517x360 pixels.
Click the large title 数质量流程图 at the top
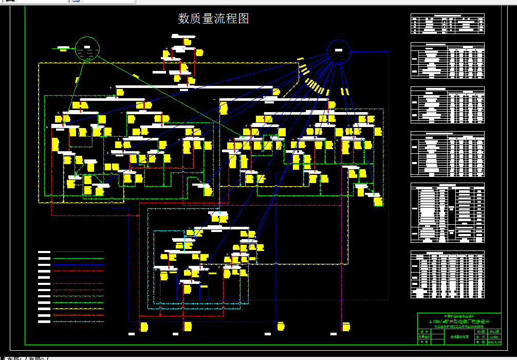click(213, 19)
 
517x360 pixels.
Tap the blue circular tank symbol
click(339, 51)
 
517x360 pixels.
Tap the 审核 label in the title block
click(423, 341)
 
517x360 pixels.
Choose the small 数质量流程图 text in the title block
click(459, 337)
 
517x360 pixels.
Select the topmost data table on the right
click(447, 24)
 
